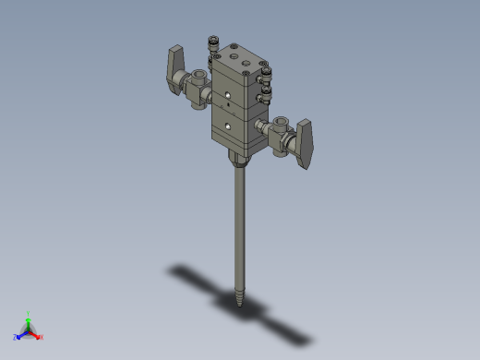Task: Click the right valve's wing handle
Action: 307,143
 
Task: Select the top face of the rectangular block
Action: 238,59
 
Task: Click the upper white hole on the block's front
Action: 224,95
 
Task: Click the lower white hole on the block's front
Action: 224,126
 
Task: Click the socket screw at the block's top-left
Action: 211,42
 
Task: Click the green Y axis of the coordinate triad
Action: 29,318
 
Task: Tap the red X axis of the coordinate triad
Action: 38,336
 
